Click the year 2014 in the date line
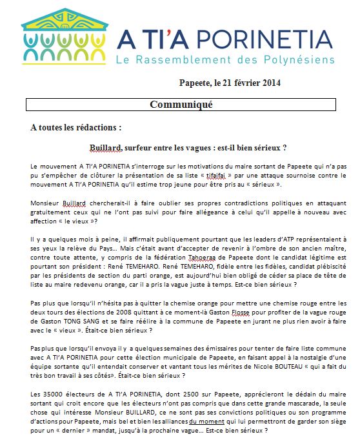click(270, 83)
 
